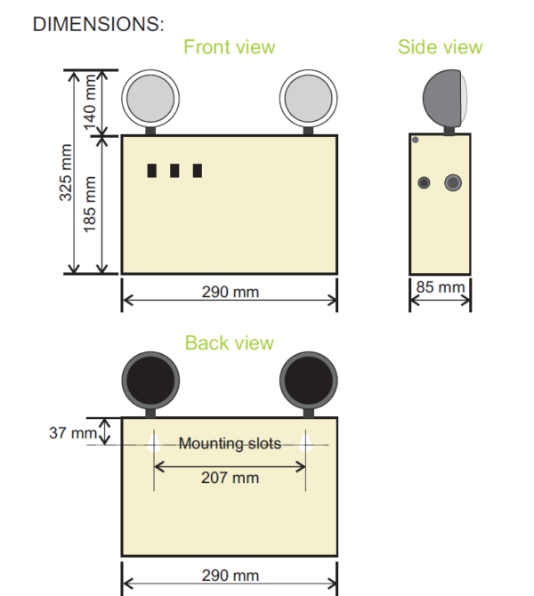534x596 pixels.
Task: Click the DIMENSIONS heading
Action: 98,24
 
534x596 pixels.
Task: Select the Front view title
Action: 229,47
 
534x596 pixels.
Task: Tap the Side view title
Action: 440,47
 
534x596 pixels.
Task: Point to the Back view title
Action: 229,343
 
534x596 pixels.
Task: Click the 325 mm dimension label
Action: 67,172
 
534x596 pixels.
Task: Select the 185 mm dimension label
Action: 90,204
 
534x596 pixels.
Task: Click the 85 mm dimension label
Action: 441,287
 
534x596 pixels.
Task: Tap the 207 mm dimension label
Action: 230,478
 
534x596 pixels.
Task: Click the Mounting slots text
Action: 230,443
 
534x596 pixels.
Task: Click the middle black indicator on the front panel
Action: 174,171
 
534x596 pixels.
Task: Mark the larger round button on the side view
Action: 453,182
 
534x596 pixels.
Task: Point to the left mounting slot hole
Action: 154,444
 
